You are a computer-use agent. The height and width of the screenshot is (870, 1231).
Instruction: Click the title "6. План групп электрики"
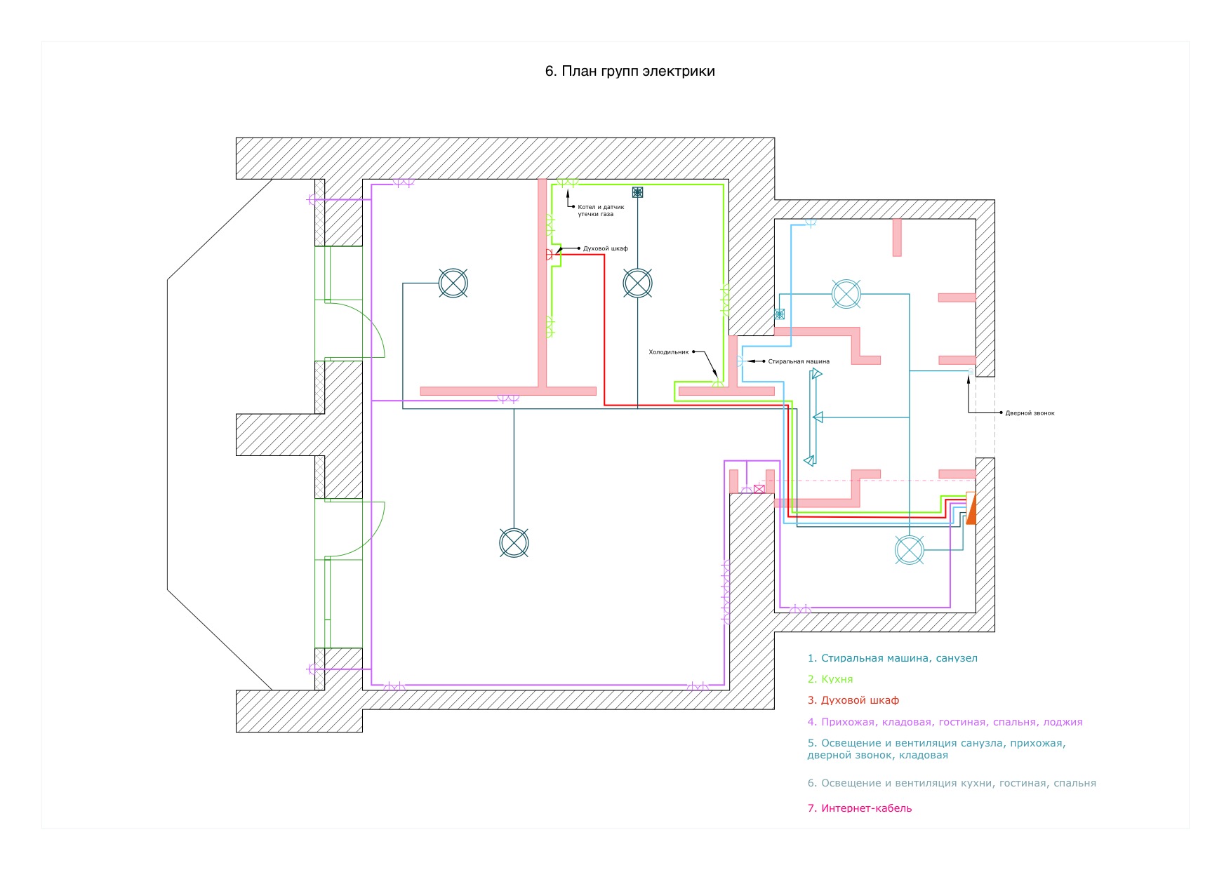[x=630, y=71]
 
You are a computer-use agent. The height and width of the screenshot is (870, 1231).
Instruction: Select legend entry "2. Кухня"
[x=830, y=679]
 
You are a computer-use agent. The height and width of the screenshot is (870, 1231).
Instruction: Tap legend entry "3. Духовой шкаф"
[x=853, y=700]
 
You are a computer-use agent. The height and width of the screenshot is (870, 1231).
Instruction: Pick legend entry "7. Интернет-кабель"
[x=859, y=808]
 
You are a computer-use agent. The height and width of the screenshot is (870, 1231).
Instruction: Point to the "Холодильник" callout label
[x=668, y=352]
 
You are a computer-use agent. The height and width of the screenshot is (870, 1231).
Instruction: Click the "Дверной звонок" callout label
[x=1030, y=413]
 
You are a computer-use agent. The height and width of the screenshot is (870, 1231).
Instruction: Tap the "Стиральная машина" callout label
[x=799, y=361]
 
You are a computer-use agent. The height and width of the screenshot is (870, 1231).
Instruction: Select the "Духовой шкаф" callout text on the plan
[x=605, y=248]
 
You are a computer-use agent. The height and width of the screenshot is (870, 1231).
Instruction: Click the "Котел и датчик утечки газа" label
[x=600, y=210]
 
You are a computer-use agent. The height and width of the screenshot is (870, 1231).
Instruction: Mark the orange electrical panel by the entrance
[x=971, y=508]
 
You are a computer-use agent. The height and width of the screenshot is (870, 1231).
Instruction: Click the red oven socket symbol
[x=549, y=255]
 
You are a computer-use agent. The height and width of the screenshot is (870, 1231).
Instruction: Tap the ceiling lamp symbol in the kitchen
[x=637, y=283]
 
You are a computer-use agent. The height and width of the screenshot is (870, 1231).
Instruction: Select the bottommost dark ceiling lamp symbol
[x=514, y=543]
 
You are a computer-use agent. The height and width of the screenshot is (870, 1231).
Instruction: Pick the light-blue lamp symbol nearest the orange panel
[x=910, y=550]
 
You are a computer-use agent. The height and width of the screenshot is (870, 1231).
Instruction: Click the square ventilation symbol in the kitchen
[x=637, y=192]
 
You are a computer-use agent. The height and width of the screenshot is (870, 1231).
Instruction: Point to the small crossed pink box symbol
[x=759, y=488]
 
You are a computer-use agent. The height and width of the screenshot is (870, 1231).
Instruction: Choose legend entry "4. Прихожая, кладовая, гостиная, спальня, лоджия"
[x=945, y=722]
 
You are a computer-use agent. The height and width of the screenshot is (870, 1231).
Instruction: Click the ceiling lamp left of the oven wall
[x=453, y=283]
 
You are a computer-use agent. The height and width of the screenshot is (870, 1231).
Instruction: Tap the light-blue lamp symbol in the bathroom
[x=846, y=294]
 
